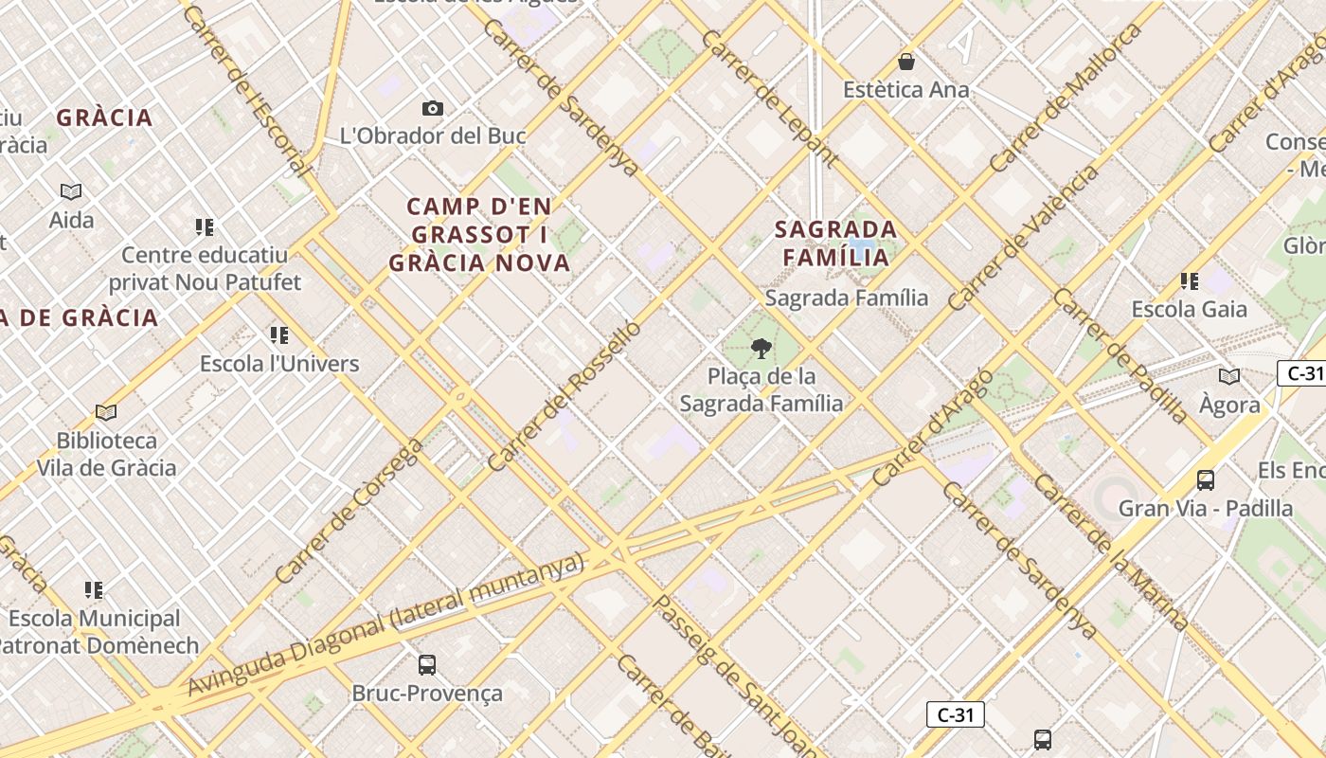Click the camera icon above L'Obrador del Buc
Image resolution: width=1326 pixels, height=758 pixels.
(433, 109)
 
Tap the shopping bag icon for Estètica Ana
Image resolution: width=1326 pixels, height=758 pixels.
(906, 63)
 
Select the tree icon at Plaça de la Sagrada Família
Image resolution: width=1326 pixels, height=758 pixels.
(761, 349)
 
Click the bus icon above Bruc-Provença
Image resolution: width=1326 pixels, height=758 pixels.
(427, 665)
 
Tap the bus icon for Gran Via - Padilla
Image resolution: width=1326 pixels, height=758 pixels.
(1206, 480)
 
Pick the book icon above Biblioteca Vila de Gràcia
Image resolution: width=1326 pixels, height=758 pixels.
(106, 413)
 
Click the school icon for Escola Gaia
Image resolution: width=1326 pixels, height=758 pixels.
(1190, 281)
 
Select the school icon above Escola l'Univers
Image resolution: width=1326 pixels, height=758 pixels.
(278, 335)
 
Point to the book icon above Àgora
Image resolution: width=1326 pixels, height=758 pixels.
(1229, 377)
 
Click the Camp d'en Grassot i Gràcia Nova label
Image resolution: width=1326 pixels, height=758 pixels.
(480, 234)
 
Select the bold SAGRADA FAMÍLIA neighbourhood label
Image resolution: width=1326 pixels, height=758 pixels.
(835, 243)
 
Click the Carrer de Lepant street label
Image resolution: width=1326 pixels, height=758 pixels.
(769, 98)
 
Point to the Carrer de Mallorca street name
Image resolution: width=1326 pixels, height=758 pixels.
(1066, 99)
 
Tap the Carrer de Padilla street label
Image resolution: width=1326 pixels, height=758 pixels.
(1120, 355)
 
